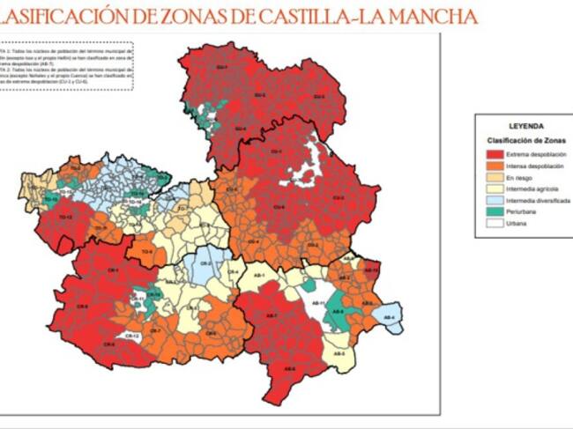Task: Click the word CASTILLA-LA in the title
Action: pos(327,17)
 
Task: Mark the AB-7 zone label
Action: pos(272,315)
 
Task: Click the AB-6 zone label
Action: pos(289,369)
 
